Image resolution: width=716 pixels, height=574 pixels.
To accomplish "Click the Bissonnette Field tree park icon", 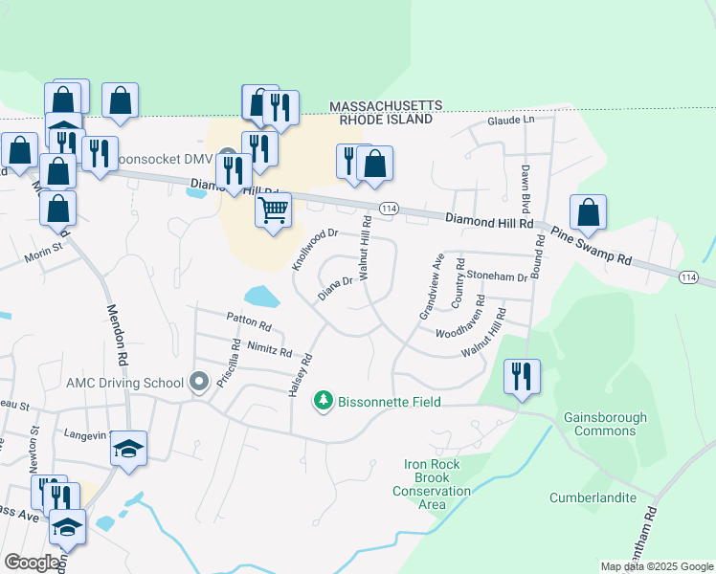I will [324, 402].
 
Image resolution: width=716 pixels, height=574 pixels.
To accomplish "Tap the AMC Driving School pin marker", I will [199, 383].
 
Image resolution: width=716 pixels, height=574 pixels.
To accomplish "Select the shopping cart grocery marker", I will [274, 209].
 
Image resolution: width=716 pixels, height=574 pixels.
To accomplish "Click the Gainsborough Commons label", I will [605, 424].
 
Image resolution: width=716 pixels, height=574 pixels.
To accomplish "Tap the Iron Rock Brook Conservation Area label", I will [432, 484].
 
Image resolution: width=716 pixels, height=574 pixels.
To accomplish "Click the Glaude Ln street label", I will [509, 121].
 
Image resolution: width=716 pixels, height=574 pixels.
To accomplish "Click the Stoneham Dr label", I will [498, 276].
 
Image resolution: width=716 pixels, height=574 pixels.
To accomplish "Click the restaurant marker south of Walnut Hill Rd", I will [522, 376].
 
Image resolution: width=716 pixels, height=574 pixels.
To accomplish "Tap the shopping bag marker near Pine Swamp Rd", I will [588, 212].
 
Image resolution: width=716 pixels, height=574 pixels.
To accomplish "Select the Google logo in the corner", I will [32, 563].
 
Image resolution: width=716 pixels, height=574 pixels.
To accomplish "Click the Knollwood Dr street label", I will [315, 246].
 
